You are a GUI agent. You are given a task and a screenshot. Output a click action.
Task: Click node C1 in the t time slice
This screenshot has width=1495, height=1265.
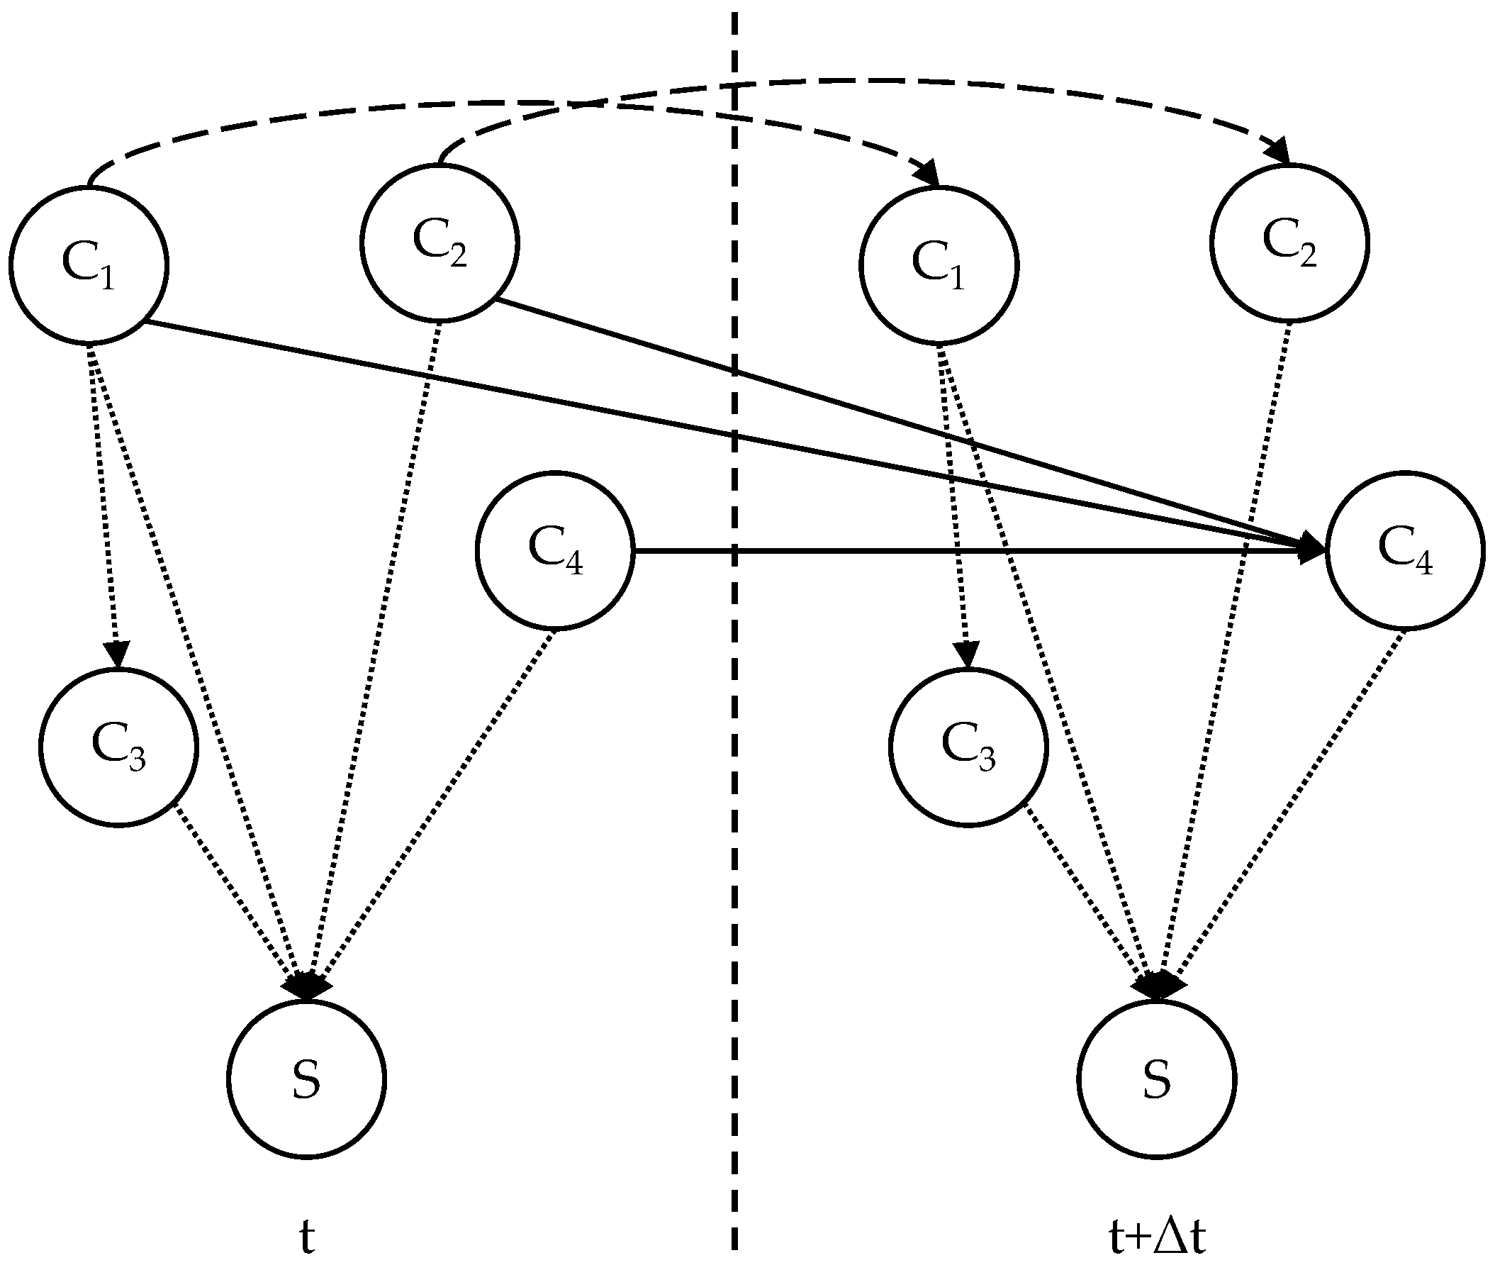click(89, 264)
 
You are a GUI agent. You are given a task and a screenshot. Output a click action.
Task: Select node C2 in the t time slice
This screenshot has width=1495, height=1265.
click(439, 243)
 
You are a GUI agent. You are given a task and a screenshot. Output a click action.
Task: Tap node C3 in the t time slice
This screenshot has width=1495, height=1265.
click(118, 747)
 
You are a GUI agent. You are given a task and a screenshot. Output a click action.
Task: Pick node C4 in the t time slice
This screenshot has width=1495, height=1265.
click(555, 551)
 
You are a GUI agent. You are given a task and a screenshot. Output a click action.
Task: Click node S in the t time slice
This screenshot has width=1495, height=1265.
click(307, 1079)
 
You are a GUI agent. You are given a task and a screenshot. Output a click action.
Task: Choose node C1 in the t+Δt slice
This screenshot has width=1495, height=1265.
click(939, 264)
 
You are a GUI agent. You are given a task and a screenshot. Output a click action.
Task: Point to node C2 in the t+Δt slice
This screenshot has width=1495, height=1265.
click(1289, 243)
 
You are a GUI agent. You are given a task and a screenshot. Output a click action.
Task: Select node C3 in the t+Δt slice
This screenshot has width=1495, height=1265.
click(968, 747)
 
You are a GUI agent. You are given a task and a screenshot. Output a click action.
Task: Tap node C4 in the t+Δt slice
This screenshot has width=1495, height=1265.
click(1405, 551)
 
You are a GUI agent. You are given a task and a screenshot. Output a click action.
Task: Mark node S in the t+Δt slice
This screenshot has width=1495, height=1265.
click(1157, 1079)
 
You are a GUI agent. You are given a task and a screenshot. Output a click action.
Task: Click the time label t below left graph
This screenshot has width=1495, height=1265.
click(307, 1235)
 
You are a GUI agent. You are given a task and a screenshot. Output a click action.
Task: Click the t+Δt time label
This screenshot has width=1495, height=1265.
click(1157, 1235)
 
